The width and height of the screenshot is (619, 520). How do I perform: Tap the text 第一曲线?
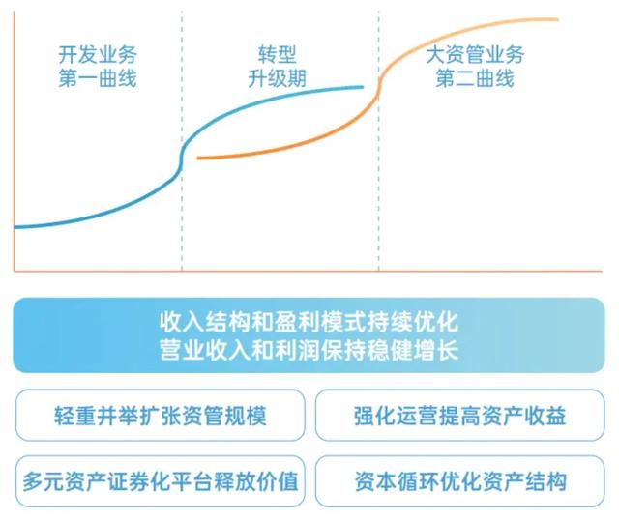tap(97, 78)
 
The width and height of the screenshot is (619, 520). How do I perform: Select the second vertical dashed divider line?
tap(378, 222)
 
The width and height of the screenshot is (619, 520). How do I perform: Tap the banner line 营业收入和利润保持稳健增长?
tap(309, 349)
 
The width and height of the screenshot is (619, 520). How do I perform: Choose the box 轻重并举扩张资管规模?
tap(160, 416)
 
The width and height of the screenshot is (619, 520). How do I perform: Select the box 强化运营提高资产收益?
tap(459, 416)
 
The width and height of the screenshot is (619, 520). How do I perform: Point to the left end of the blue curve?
tap(15, 227)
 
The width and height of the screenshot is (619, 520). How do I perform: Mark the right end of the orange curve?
tap(557, 19)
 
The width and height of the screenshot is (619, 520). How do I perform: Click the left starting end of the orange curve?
tap(198, 158)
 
